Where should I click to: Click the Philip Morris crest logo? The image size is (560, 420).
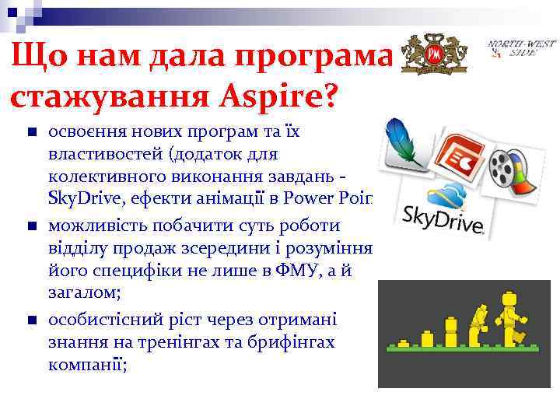(x=434, y=54)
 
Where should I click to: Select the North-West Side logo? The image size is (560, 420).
(x=516, y=49)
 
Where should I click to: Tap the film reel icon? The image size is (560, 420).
(x=509, y=171)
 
